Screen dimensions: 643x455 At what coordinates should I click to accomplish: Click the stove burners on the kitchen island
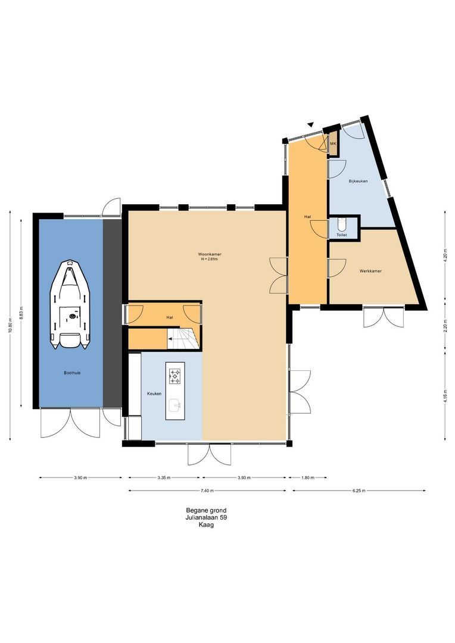(176, 376)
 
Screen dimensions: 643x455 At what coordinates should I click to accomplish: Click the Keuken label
(154, 394)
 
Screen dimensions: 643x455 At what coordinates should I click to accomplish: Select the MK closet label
(333, 144)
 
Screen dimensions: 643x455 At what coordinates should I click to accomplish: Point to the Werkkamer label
(370, 271)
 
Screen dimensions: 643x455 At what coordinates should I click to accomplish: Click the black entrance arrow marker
(310, 124)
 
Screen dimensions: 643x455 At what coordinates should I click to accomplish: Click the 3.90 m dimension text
(81, 477)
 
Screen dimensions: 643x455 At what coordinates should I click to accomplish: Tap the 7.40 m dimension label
(207, 491)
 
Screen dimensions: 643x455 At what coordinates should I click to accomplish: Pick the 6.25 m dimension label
(359, 491)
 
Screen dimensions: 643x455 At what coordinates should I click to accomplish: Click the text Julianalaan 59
(205, 518)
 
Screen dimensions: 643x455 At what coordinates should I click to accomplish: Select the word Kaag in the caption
(205, 525)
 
